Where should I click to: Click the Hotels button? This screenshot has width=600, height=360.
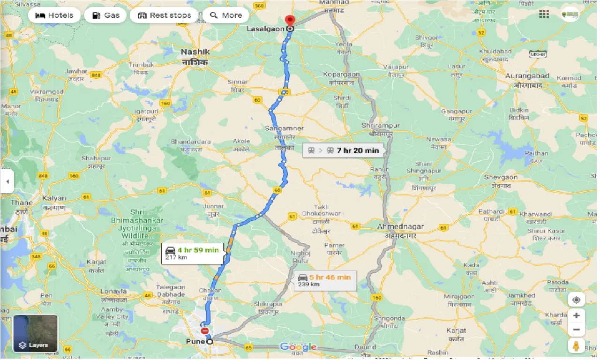(x=54, y=15)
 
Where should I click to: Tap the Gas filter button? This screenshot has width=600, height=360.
(x=106, y=15)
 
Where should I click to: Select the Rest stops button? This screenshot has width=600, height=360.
(x=165, y=15)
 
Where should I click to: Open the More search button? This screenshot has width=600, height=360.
(x=226, y=15)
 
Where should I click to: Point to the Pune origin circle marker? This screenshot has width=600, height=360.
(x=210, y=341)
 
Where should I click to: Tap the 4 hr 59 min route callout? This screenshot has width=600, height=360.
(x=193, y=253)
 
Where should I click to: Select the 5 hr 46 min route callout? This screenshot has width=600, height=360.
(x=324, y=280)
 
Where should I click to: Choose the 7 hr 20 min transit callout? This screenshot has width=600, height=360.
(x=344, y=150)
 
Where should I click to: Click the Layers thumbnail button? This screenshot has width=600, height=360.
(x=36, y=333)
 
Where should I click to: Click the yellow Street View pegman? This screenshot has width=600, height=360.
(x=576, y=346)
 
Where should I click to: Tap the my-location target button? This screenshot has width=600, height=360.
(x=576, y=300)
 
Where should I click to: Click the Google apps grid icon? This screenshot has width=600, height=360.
(x=544, y=15)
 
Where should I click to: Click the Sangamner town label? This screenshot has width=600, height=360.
(x=284, y=128)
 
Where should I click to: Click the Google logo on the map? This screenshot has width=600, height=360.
(x=298, y=347)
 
